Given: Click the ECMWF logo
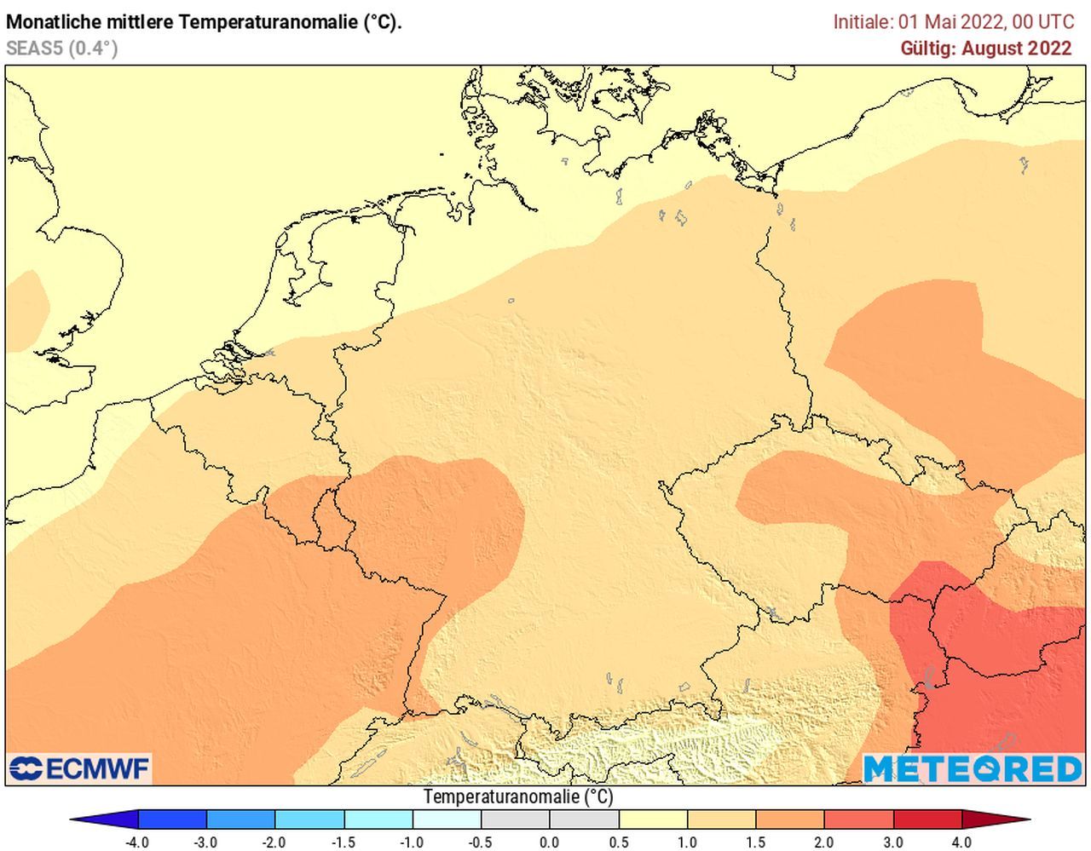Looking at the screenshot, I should (x=78, y=768).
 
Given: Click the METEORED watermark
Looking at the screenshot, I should (x=972, y=768).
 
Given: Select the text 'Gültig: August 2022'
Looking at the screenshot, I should (x=985, y=49).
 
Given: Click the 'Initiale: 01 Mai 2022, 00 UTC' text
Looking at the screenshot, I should (x=953, y=22).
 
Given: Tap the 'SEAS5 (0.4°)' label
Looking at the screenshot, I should (x=61, y=49).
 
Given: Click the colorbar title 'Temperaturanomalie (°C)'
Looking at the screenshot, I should (x=517, y=797).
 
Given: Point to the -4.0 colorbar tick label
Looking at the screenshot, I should (x=136, y=842).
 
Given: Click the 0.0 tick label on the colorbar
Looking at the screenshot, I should (x=550, y=842).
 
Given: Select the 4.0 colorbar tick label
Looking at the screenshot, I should (x=961, y=842).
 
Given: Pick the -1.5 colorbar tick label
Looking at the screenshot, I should (x=343, y=842).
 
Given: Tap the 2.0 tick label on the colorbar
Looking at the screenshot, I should (x=823, y=842).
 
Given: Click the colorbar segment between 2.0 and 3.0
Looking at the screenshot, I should (x=858, y=819).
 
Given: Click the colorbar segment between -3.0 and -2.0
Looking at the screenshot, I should (x=240, y=819).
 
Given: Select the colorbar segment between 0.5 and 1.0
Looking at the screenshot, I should (x=653, y=819).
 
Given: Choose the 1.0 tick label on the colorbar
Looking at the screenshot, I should (x=687, y=842).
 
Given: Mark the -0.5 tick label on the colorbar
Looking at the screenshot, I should (x=480, y=842).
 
